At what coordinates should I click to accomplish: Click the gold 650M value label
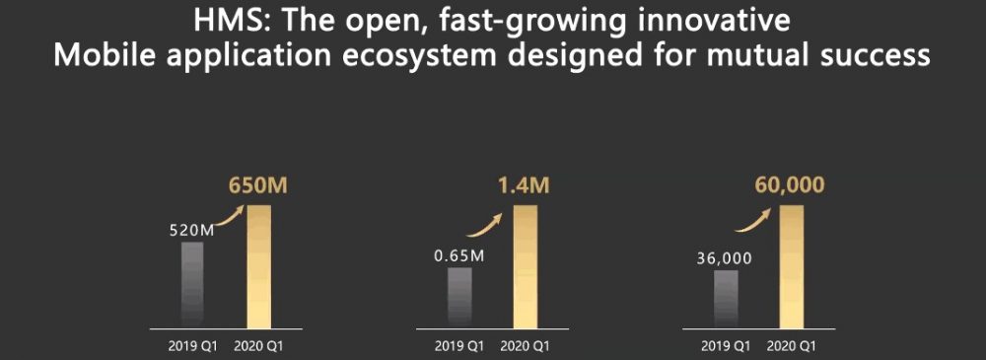[257, 187]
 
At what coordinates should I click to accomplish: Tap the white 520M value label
[192, 231]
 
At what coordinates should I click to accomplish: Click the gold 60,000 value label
[789, 185]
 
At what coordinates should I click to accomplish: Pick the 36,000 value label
[725, 258]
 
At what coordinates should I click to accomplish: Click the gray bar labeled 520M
[192, 285]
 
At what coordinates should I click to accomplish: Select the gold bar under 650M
[259, 266]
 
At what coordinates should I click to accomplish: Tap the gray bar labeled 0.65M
[459, 298]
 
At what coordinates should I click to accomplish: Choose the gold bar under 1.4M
[526, 266]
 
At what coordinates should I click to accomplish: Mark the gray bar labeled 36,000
[727, 299]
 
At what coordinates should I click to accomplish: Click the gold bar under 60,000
[792, 266]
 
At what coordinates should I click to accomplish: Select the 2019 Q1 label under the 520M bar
[192, 346]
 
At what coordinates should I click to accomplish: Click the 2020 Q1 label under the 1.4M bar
[526, 346]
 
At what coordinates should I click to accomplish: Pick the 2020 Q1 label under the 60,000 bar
[792, 346]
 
